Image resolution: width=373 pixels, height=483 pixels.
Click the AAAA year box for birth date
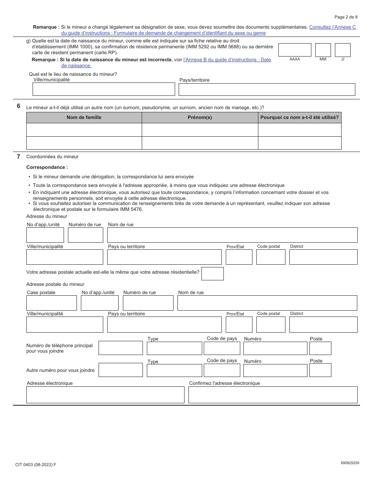(294, 50)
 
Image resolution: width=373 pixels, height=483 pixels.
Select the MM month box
(323, 50)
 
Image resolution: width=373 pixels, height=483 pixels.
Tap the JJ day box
(342, 50)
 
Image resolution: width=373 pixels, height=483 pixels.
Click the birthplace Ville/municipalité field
(104, 89)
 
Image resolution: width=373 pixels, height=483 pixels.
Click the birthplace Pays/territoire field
(267, 90)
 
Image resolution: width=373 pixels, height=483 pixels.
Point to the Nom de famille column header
(84, 117)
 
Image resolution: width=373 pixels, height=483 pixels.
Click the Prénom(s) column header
(200, 117)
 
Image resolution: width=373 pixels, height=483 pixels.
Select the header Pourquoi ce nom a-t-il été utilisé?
(300, 117)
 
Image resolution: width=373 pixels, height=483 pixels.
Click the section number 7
(18, 156)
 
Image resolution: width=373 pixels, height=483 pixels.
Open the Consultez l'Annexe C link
(332, 27)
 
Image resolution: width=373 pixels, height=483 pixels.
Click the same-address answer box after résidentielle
(212, 274)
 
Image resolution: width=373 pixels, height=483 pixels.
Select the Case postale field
(51, 303)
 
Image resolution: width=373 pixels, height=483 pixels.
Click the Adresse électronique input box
(105, 395)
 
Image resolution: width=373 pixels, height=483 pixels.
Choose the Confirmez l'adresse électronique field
(273, 395)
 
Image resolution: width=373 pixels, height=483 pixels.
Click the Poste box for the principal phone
(320, 348)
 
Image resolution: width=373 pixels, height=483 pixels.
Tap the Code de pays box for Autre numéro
(222, 370)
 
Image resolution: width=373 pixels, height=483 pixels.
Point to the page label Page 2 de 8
(346, 17)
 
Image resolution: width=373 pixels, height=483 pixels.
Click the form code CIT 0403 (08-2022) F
(36, 465)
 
